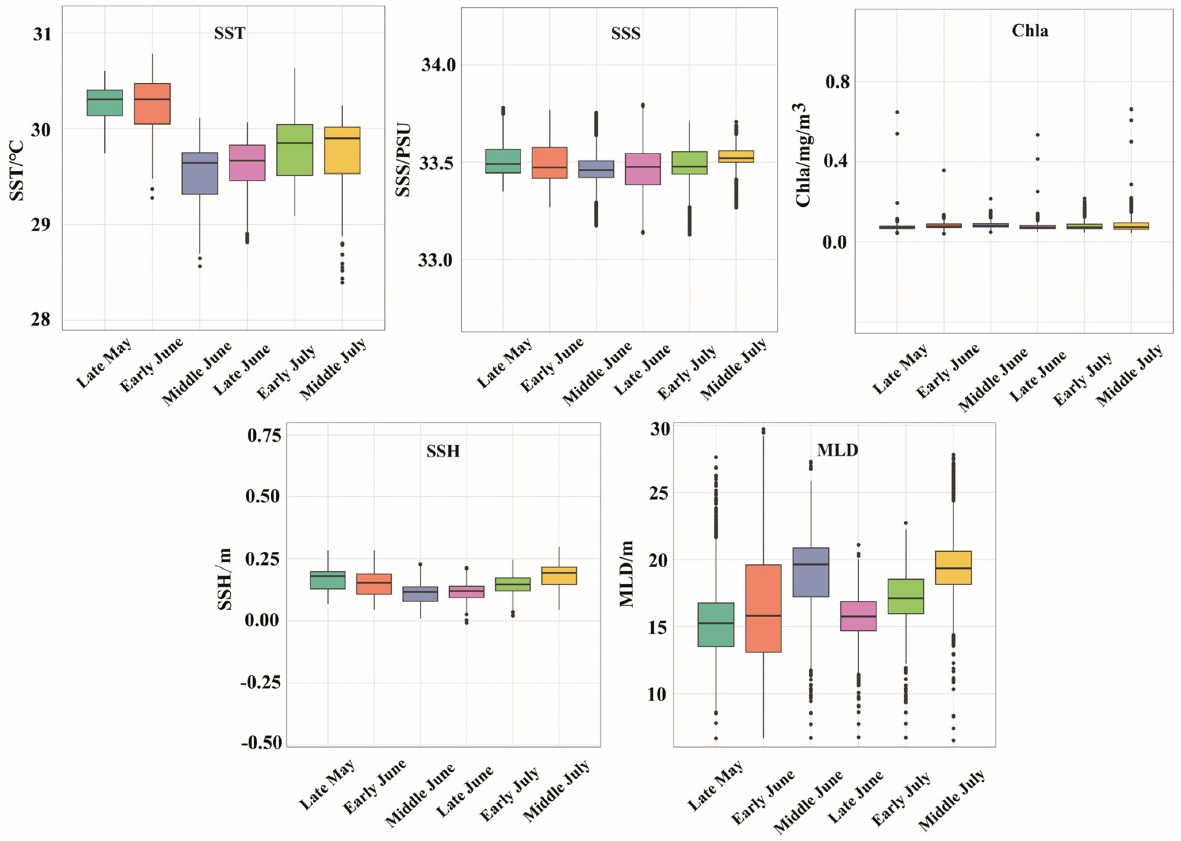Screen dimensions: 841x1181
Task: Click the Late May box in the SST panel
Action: [x=105, y=102]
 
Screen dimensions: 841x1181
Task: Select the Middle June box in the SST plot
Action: [x=200, y=173]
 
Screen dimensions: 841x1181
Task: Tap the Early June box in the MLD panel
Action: [x=764, y=608]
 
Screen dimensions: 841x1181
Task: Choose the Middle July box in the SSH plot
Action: [x=559, y=576]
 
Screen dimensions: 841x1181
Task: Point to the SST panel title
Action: [x=230, y=33]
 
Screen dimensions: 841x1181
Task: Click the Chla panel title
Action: [x=1030, y=31]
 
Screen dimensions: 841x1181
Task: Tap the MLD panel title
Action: [x=837, y=450]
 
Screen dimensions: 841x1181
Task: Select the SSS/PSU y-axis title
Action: [x=404, y=160]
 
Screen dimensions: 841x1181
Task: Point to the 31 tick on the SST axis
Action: [x=42, y=34]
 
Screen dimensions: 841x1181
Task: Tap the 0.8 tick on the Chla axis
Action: [x=837, y=82]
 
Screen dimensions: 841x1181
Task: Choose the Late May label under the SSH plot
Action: [x=327, y=785]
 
